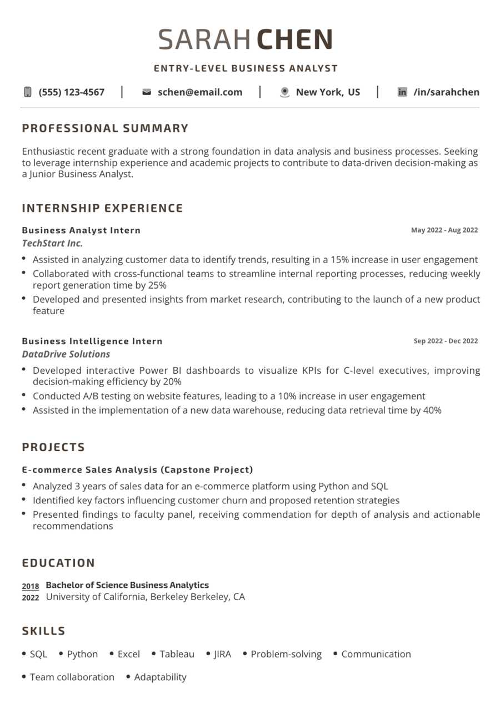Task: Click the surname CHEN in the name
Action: (x=294, y=40)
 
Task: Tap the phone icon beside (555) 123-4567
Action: (x=28, y=92)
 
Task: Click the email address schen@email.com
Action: (x=200, y=92)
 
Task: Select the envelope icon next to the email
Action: (x=147, y=92)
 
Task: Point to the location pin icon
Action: (x=284, y=92)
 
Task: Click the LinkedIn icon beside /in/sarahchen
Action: (x=402, y=92)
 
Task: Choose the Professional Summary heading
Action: (x=106, y=128)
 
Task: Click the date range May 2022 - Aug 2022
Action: (x=444, y=230)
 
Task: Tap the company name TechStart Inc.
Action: (x=52, y=243)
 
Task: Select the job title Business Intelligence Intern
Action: (x=92, y=341)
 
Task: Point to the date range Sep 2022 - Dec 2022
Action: (x=446, y=341)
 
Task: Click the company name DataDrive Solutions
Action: (x=66, y=354)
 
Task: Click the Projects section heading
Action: (x=54, y=447)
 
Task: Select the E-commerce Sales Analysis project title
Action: (x=137, y=469)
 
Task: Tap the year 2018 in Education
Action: (x=31, y=586)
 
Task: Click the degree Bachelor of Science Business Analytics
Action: (x=127, y=585)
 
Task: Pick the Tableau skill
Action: (x=177, y=654)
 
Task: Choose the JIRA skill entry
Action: (x=222, y=654)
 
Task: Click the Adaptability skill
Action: (x=160, y=677)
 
